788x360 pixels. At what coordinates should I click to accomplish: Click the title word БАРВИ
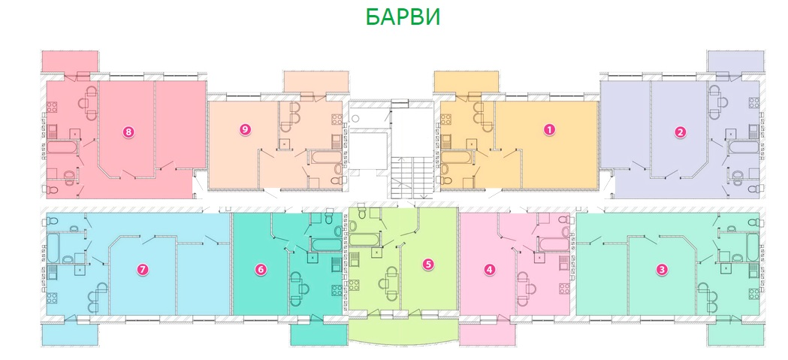coord(403,17)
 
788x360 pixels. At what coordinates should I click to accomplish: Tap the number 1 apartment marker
coord(550,129)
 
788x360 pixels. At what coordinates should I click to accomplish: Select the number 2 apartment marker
coord(679,132)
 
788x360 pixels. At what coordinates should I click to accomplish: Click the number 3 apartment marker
coord(663,270)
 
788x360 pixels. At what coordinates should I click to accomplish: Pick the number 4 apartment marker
coord(490,270)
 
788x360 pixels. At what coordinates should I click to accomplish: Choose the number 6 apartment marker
coord(260,270)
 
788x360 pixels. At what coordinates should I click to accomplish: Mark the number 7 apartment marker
coord(143,270)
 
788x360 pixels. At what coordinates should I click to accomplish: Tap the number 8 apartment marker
coord(128,132)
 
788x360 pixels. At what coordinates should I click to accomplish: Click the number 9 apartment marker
coord(245,129)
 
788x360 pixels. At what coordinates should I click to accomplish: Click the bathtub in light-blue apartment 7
coord(53,247)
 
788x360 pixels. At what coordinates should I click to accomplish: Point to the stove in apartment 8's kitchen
coord(53,107)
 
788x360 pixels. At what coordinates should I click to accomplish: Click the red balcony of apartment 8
coord(70,62)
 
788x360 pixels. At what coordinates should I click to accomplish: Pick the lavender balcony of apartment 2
coord(735,61)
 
